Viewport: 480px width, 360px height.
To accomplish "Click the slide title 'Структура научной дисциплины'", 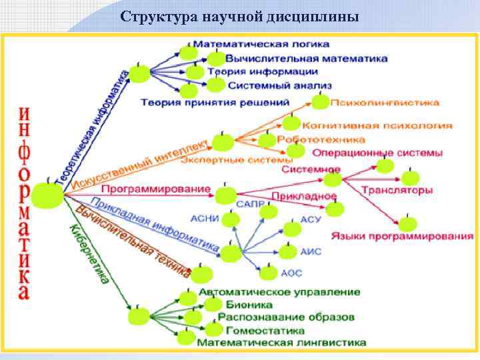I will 240,16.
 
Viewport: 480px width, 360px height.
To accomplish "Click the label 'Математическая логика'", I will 270,44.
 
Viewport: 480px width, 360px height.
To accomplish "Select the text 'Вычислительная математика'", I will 307,58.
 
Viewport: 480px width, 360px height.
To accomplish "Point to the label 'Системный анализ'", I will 279,85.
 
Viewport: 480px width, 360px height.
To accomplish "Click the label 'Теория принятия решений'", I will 215,102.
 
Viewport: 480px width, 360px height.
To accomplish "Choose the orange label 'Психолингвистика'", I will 386,103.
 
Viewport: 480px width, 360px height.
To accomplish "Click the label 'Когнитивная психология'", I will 377,125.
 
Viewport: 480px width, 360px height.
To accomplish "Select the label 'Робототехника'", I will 321,139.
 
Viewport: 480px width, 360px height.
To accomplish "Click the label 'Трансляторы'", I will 397,190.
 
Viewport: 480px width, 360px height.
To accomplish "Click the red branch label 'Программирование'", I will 155,189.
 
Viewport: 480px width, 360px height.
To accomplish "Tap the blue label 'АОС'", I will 291,273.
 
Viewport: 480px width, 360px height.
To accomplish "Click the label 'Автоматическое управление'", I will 280,292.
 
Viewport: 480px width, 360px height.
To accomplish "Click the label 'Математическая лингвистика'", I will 281,342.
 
